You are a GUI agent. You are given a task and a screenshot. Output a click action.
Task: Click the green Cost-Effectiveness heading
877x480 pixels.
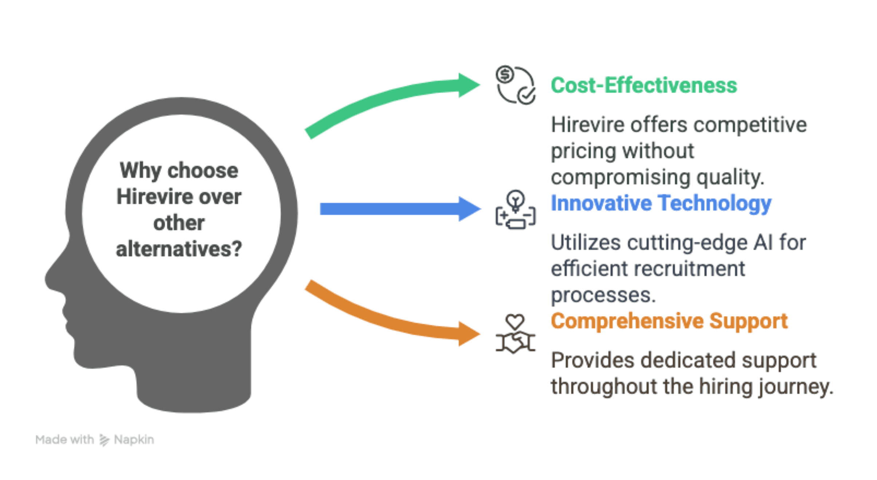point(643,85)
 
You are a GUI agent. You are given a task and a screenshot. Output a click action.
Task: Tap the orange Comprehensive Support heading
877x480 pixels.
point(669,321)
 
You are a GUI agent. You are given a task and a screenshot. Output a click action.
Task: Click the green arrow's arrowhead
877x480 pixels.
point(469,85)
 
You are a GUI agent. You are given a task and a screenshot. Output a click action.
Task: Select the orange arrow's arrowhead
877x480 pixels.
point(469,333)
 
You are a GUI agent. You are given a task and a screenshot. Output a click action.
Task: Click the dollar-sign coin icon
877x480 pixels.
point(505,75)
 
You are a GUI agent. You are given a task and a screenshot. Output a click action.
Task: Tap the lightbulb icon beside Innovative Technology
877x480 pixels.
point(515,200)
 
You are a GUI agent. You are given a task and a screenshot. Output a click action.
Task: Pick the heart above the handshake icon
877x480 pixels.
point(515,321)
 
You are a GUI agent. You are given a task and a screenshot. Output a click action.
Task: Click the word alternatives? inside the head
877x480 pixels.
point(179,249)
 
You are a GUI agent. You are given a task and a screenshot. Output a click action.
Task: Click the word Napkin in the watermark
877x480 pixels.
point(134,440)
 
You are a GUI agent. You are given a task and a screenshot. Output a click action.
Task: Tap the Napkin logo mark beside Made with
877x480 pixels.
point(104,440)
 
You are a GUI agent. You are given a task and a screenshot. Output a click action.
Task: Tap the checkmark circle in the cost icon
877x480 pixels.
point(526,96)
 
